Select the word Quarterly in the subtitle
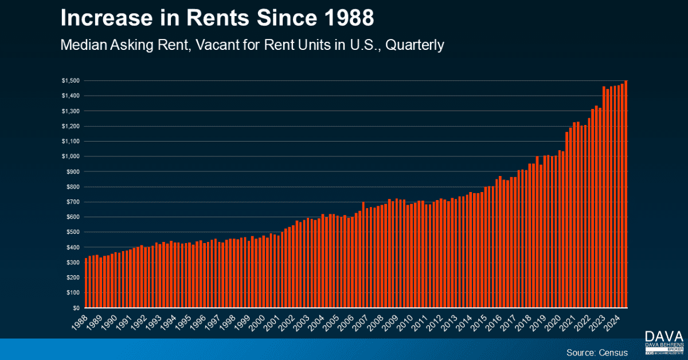point(415,45)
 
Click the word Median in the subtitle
point(84,45)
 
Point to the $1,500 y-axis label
point(70,81)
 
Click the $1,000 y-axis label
point(70,156)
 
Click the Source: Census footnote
point(597,352)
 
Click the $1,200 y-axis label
point(70,126)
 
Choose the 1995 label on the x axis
point(183,322)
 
